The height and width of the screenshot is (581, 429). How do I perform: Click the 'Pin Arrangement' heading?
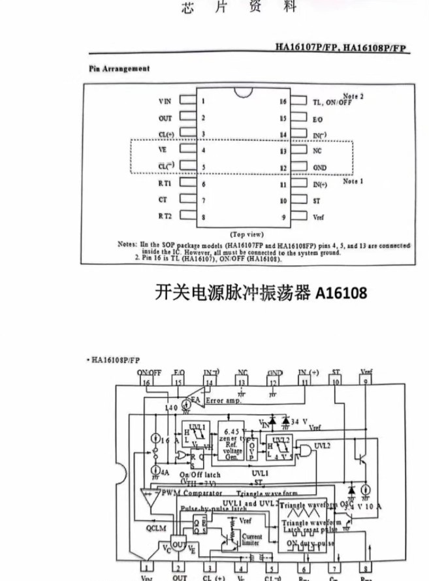(119, 69)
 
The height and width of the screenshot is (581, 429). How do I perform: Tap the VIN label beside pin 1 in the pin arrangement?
(165, 101)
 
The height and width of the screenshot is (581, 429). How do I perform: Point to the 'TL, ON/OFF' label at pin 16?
(332, 102)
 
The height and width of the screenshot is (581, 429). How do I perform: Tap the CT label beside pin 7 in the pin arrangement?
(163, 200)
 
